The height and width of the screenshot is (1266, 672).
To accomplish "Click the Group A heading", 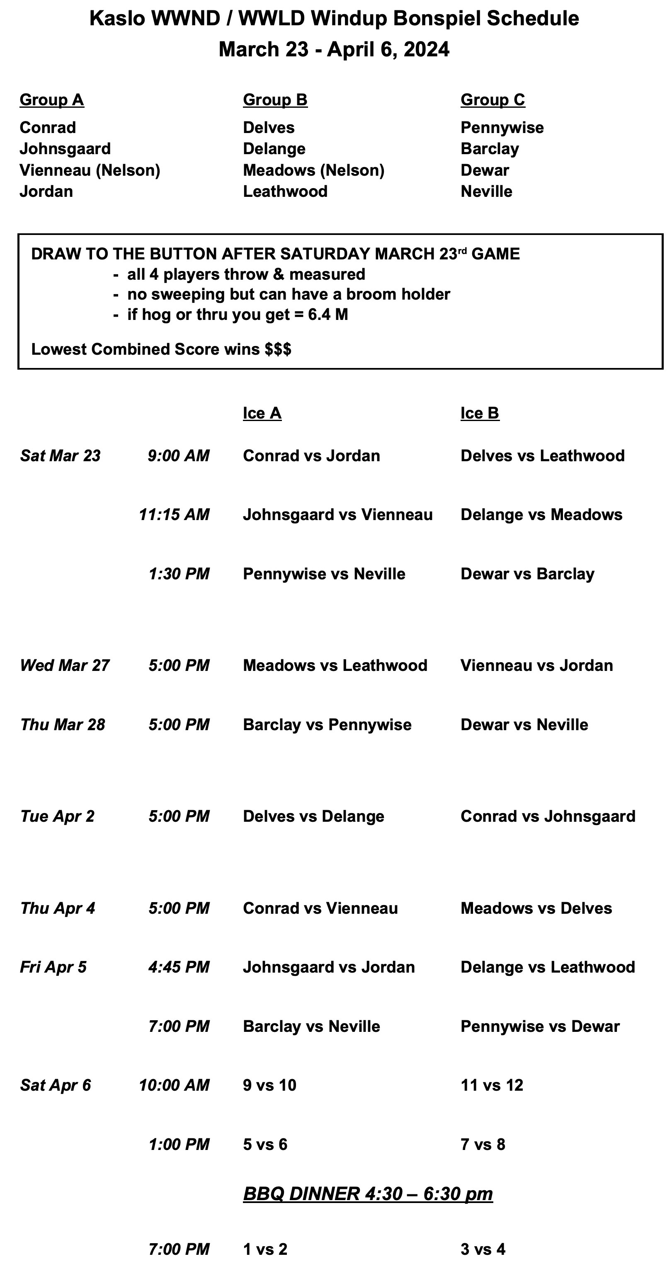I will (52, 100).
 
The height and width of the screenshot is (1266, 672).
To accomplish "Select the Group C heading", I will (492, 100).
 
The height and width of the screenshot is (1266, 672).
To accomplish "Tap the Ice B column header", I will (480, 413).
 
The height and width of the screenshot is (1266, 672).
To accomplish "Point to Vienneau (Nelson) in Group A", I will (90, 170).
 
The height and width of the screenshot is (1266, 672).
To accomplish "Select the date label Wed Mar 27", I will (64, 666).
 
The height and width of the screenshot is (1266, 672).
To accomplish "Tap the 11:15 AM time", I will (174, 515).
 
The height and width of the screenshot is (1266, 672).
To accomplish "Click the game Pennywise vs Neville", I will (324, 574).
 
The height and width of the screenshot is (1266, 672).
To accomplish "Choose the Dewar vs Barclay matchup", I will (527, 574).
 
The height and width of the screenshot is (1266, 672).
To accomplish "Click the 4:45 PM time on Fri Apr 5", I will (179, 967).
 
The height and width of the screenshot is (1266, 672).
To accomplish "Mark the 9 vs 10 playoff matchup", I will (269, 1085).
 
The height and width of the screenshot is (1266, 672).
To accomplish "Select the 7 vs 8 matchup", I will (483, 1145).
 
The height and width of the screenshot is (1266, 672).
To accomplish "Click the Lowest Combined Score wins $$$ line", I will (161, 349).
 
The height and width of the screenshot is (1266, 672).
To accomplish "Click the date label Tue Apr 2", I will (57, 816).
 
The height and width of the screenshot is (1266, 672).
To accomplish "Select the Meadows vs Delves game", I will (536, 908).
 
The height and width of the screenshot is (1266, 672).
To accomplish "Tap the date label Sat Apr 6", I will (56, 1085).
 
